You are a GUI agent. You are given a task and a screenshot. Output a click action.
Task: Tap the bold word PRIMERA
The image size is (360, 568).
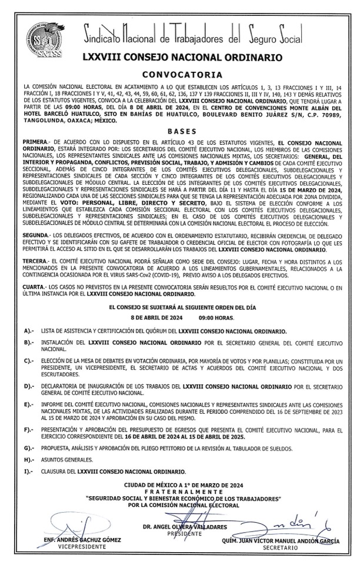37,143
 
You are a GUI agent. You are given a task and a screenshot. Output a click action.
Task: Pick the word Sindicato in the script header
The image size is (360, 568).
112,35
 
